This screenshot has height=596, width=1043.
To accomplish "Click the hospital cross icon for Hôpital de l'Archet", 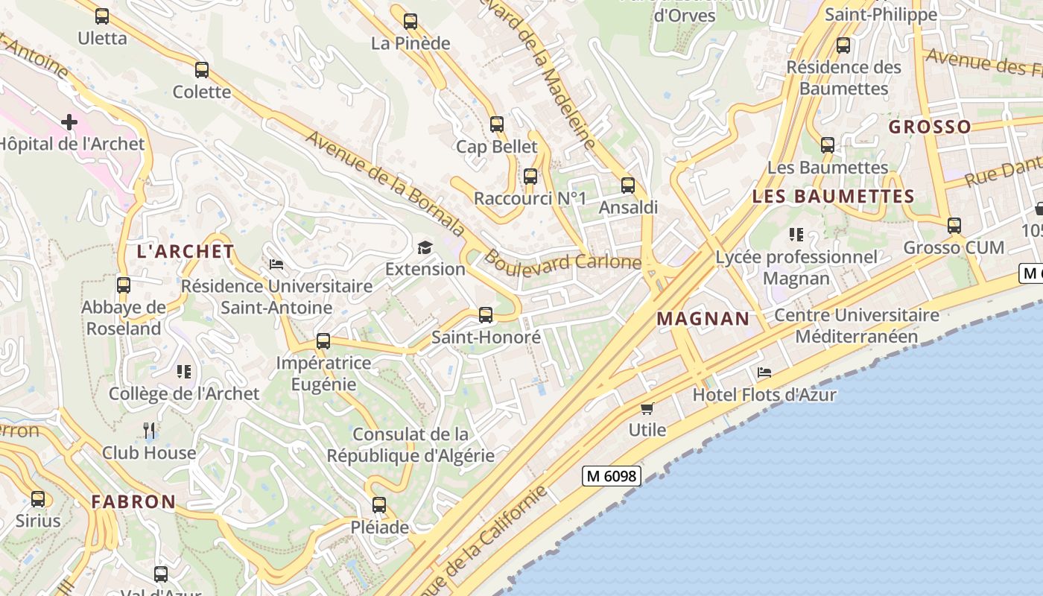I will pyautogui.click(x=69, y=121).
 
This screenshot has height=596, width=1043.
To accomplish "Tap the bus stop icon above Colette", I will pyautogui.click(x=202, y=70).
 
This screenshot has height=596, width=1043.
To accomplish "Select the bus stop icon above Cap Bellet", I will pyautogui.click(x=497, y=124).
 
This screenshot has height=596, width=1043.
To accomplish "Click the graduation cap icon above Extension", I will pyautogui.click(x=425, y=247).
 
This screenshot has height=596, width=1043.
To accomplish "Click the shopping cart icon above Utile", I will pyautogui.click(x=647, y=408).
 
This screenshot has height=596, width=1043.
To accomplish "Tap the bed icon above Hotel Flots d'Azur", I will pyautogui.click(x=764, y=372).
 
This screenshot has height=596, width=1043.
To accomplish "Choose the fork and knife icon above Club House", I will pyautogui.click(x=149, y=430).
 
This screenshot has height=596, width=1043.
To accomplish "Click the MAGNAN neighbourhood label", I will pyautogui.click(x=703, y=319).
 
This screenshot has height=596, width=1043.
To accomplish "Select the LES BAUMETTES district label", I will pyautogui.click(x=833, y=197).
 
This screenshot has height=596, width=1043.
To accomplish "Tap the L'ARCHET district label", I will pyautogui.click(x=186, y=251).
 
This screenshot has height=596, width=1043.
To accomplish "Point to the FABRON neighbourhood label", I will pyautogui.click(x=133, y=501).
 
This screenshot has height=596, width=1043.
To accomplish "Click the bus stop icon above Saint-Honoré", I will pyautogui.click(x=486, y=315).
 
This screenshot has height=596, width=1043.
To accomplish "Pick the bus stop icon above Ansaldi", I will pyautogui.click(x=628, y=186).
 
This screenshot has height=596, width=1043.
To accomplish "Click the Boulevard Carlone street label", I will pyautogui.click(x=562, y=261).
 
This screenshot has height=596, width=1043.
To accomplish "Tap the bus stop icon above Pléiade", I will pyautogui.click(x=379, y=505).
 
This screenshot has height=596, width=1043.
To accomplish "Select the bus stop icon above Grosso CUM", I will pyautogui.click(x=954, y=225).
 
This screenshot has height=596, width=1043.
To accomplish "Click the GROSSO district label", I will pyautogui.click(x=930, y=127).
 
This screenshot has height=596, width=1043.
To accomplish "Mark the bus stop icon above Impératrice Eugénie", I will pyautogui.click(x=323, y=341).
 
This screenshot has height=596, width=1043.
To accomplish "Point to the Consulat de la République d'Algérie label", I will pyautogui.click(x=410, y=445).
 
